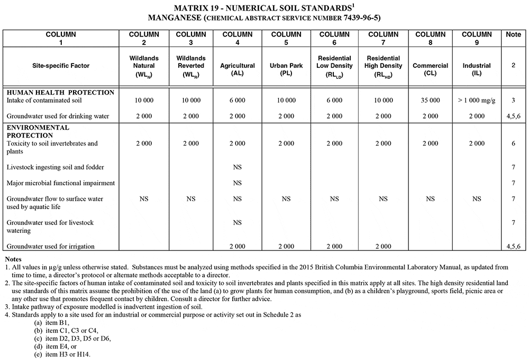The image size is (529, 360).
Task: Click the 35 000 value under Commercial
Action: coord(430,100)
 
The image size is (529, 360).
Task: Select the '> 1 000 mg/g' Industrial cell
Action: coord(477,100)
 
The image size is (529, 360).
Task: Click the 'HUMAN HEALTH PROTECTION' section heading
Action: coord(60,92)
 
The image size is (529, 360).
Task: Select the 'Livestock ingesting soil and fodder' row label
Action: coord(55,167)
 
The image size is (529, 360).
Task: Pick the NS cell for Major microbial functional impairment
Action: coord(237,183)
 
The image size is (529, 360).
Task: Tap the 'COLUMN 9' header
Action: coord(477,38)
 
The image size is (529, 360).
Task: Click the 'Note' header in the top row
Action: coord(513,34)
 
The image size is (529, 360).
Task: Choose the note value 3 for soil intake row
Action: coord(513,100)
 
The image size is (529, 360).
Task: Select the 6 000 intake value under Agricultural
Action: coord(237,100)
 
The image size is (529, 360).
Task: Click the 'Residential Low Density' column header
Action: coord(334,66)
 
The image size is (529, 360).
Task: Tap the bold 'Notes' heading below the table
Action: coord(13,259)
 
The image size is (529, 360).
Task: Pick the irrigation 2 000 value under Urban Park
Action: coord(286,246)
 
